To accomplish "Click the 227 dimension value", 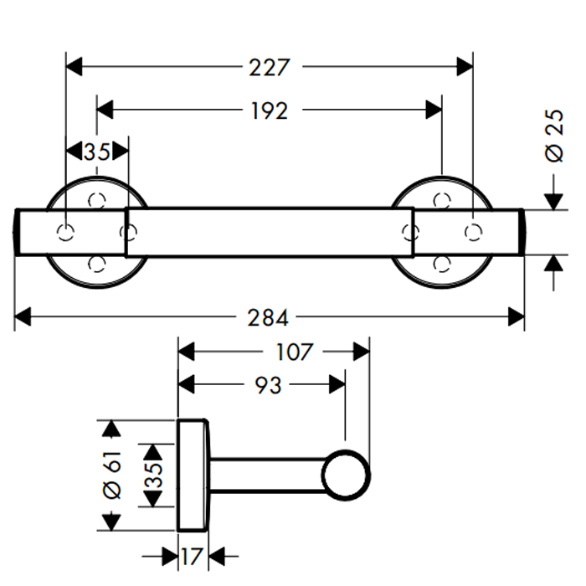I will pyautogui.click(x=270, y=67).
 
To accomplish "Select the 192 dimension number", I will pyautogui.click(x=270, y=110).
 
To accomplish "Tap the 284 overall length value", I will pyautogui.click(x=270, y=318).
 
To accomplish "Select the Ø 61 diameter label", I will pyautogui.click(x=116, y=475).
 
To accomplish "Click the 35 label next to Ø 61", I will pyautogui.click(x=153, y=475).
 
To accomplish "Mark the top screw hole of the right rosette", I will pyautogui.click(x=442, y=199).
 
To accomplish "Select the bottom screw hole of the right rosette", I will pyautogui.click(x=442, y=264).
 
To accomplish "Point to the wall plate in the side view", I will pyautogui.click(x=194, y=475).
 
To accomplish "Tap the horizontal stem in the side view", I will pyautogui.click(x=268, y=475).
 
